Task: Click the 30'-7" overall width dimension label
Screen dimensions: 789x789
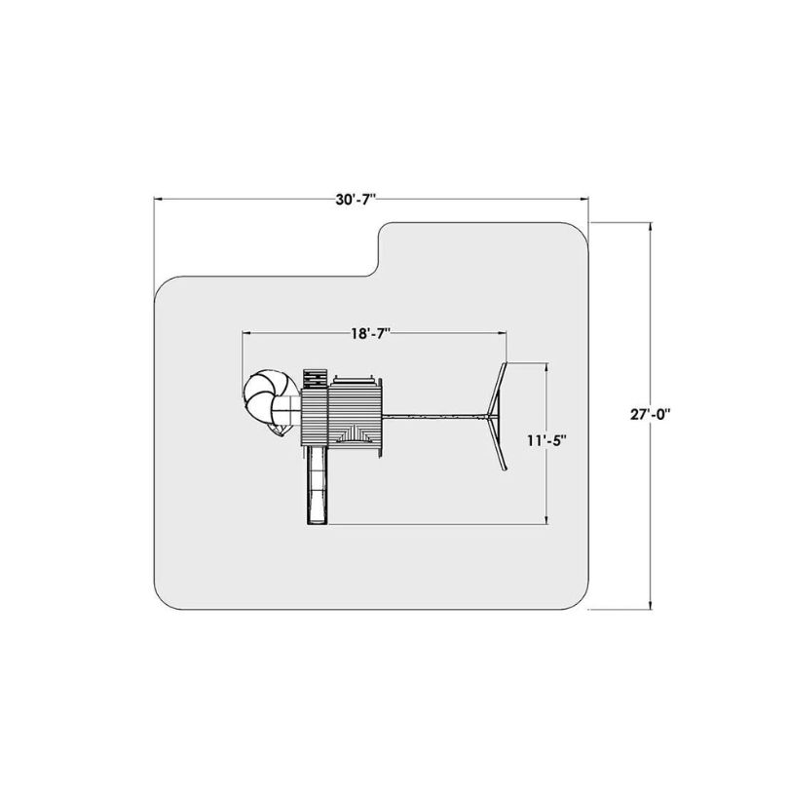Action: coord(357,200)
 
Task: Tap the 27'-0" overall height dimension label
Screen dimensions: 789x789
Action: coord(650,414)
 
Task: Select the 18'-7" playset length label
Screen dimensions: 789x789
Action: coord(372,333)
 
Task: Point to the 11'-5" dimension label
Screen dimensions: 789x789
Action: coord(546,440)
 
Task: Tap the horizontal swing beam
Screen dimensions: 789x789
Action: coord(435,416)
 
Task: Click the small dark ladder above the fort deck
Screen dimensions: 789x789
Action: coord(315,379)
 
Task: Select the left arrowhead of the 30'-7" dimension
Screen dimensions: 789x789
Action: coord(158,200)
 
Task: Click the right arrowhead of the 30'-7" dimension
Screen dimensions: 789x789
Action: coord(584,200)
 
